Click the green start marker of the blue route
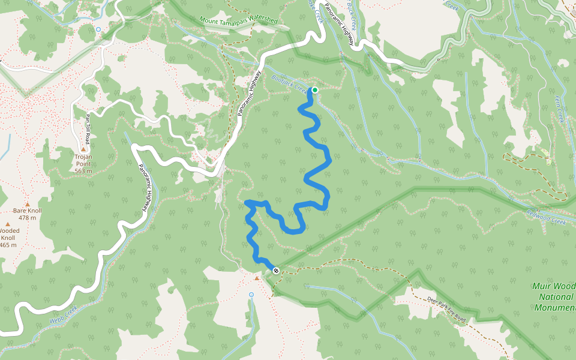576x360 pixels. pyautogui.click(x=314, y=90)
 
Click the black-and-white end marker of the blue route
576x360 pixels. pyautogui.click(x=275, y=271)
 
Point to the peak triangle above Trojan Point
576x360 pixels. pyautogui.click(x=83, y=149)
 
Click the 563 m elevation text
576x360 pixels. pyautogui.click(x=83, y=170)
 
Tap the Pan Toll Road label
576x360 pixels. pyautogui.click(x=88, y=129)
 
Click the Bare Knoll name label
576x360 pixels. pyautogui.click(x=28, y=211)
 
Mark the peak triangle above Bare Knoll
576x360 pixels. pyautogui.click(x=28, y=196)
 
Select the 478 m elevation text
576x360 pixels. pyautogui.click(x=28, y=218)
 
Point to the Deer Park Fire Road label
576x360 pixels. pyautogui.click(x=446, y=310)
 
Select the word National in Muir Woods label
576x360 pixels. pyautogui.click(x=556, y=296)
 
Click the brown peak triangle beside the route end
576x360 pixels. pyautogui.click(x=257, y=278)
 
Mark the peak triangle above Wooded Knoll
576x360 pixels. pyautogui.click(x=8, y=224)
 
